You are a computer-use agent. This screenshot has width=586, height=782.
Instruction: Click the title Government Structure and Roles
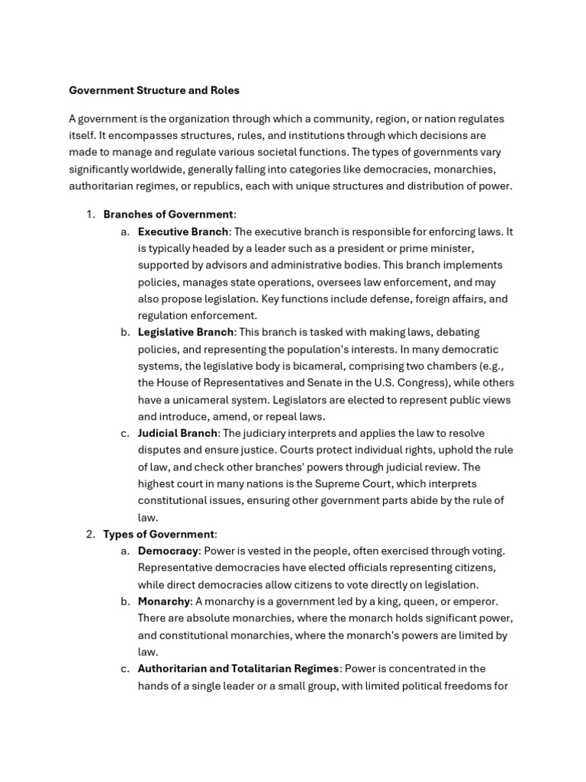coord(154,90)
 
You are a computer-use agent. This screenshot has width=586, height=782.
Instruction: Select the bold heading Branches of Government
coord(168,215)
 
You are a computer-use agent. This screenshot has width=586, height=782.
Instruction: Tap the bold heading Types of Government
coord(159,534)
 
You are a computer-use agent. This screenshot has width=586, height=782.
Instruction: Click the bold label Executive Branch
coord(183,231)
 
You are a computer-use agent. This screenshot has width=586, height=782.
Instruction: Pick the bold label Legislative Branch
coord(185,332)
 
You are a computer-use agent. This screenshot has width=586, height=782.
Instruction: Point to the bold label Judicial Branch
coord(178,433)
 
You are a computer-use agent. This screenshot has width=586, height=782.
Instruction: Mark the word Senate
coord(333,383)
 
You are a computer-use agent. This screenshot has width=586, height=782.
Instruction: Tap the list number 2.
coord(89,534)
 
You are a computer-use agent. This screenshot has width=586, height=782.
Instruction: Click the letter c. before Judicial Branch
coord(125,433)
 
